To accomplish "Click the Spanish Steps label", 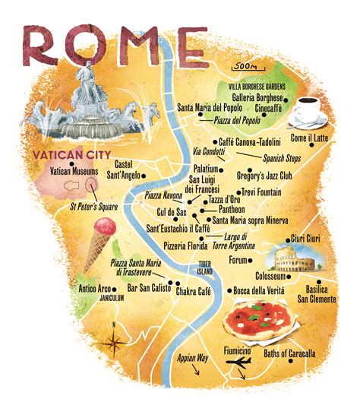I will pyautogui.click(x=283, y=159).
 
